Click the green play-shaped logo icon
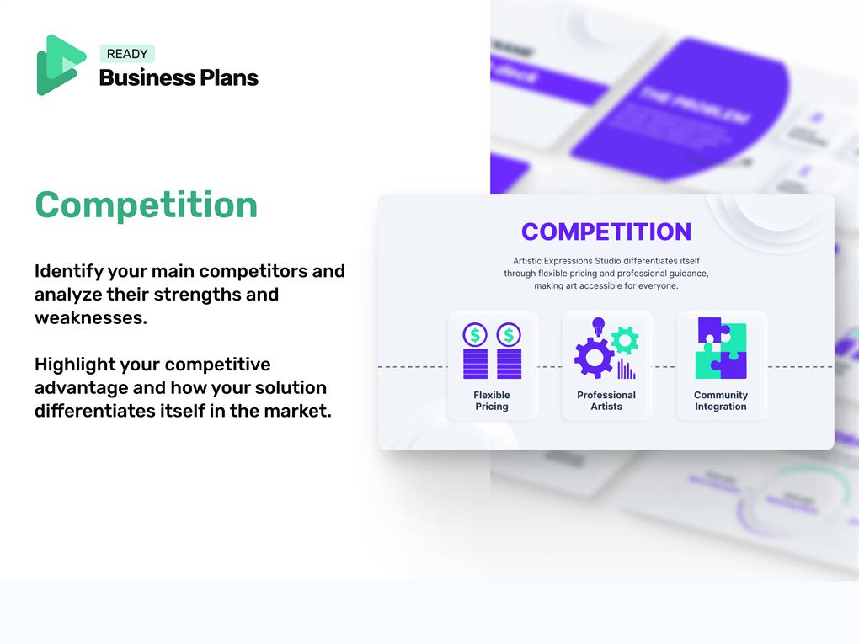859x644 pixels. tap(60, 65)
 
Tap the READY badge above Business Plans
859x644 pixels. tap(127, 53)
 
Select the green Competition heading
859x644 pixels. tap(146, 205)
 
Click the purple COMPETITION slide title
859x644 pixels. tap(606, 232)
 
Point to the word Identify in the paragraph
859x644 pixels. tap(67, 271)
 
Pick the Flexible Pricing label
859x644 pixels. tap(492, 401)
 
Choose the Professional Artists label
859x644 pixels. tap(606, 401)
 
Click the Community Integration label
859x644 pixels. tap(721, 401)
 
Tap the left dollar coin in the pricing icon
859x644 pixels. tap(476, 335)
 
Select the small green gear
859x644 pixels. tap(625, 339)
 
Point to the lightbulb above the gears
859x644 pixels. tap(599, 326)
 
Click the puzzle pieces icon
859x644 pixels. tap(721, 348)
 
